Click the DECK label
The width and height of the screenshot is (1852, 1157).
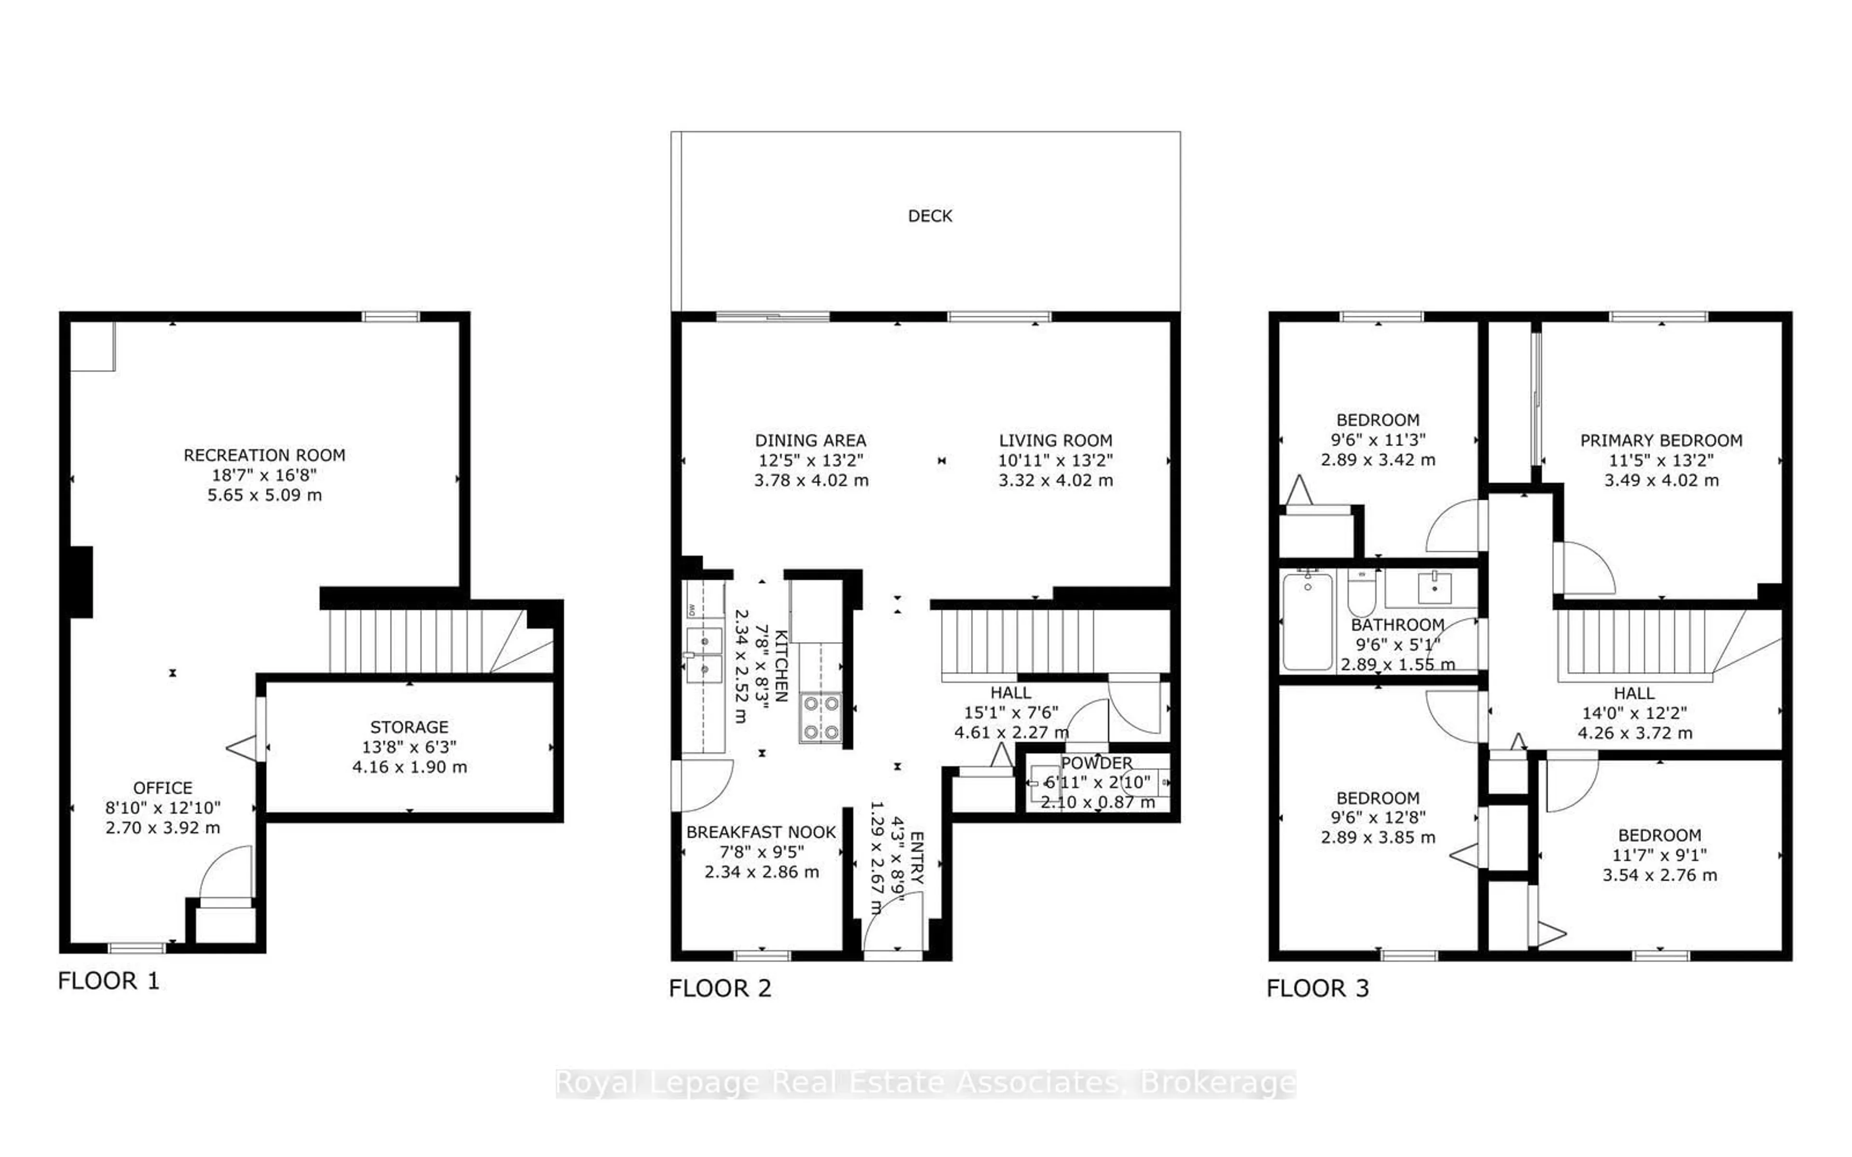(930, 216)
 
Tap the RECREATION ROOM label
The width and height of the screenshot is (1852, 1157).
(264, 455)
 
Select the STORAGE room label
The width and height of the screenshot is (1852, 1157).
(409, 727)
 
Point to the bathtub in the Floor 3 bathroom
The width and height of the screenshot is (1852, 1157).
(1307, 621)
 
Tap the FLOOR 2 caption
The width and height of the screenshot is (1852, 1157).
(720, 988)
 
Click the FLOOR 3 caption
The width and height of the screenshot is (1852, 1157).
(1317, 988)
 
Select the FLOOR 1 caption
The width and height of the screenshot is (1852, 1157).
(109, 980)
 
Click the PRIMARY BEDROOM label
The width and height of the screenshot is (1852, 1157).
(1661, 441)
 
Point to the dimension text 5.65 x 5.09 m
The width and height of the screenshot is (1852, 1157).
(264, 495)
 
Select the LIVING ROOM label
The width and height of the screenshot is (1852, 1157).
(1055, 441)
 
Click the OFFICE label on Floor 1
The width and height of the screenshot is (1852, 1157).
(162, 787)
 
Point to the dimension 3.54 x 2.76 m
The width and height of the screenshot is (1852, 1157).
(1659, 874)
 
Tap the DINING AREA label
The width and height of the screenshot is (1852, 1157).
(810, 441)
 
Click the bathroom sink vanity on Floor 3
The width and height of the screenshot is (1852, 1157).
(1433, 588)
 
